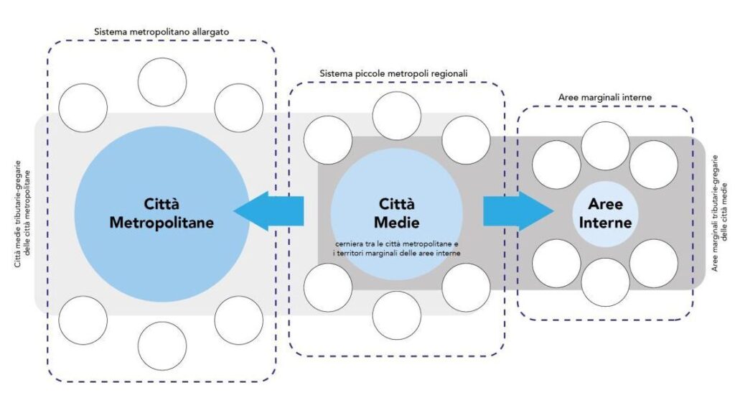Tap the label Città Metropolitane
(161, 213)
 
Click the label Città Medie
(396, 213)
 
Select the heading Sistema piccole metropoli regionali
(394, 73)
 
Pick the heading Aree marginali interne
(604, 97)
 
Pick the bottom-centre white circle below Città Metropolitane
(162, 346)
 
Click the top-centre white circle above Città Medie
(396, 116)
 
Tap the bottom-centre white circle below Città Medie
(396, 315)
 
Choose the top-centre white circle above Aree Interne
(605, 146)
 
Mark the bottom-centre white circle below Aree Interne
(605, 282)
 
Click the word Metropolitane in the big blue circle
(161, 223)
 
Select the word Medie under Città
(396, 223)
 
